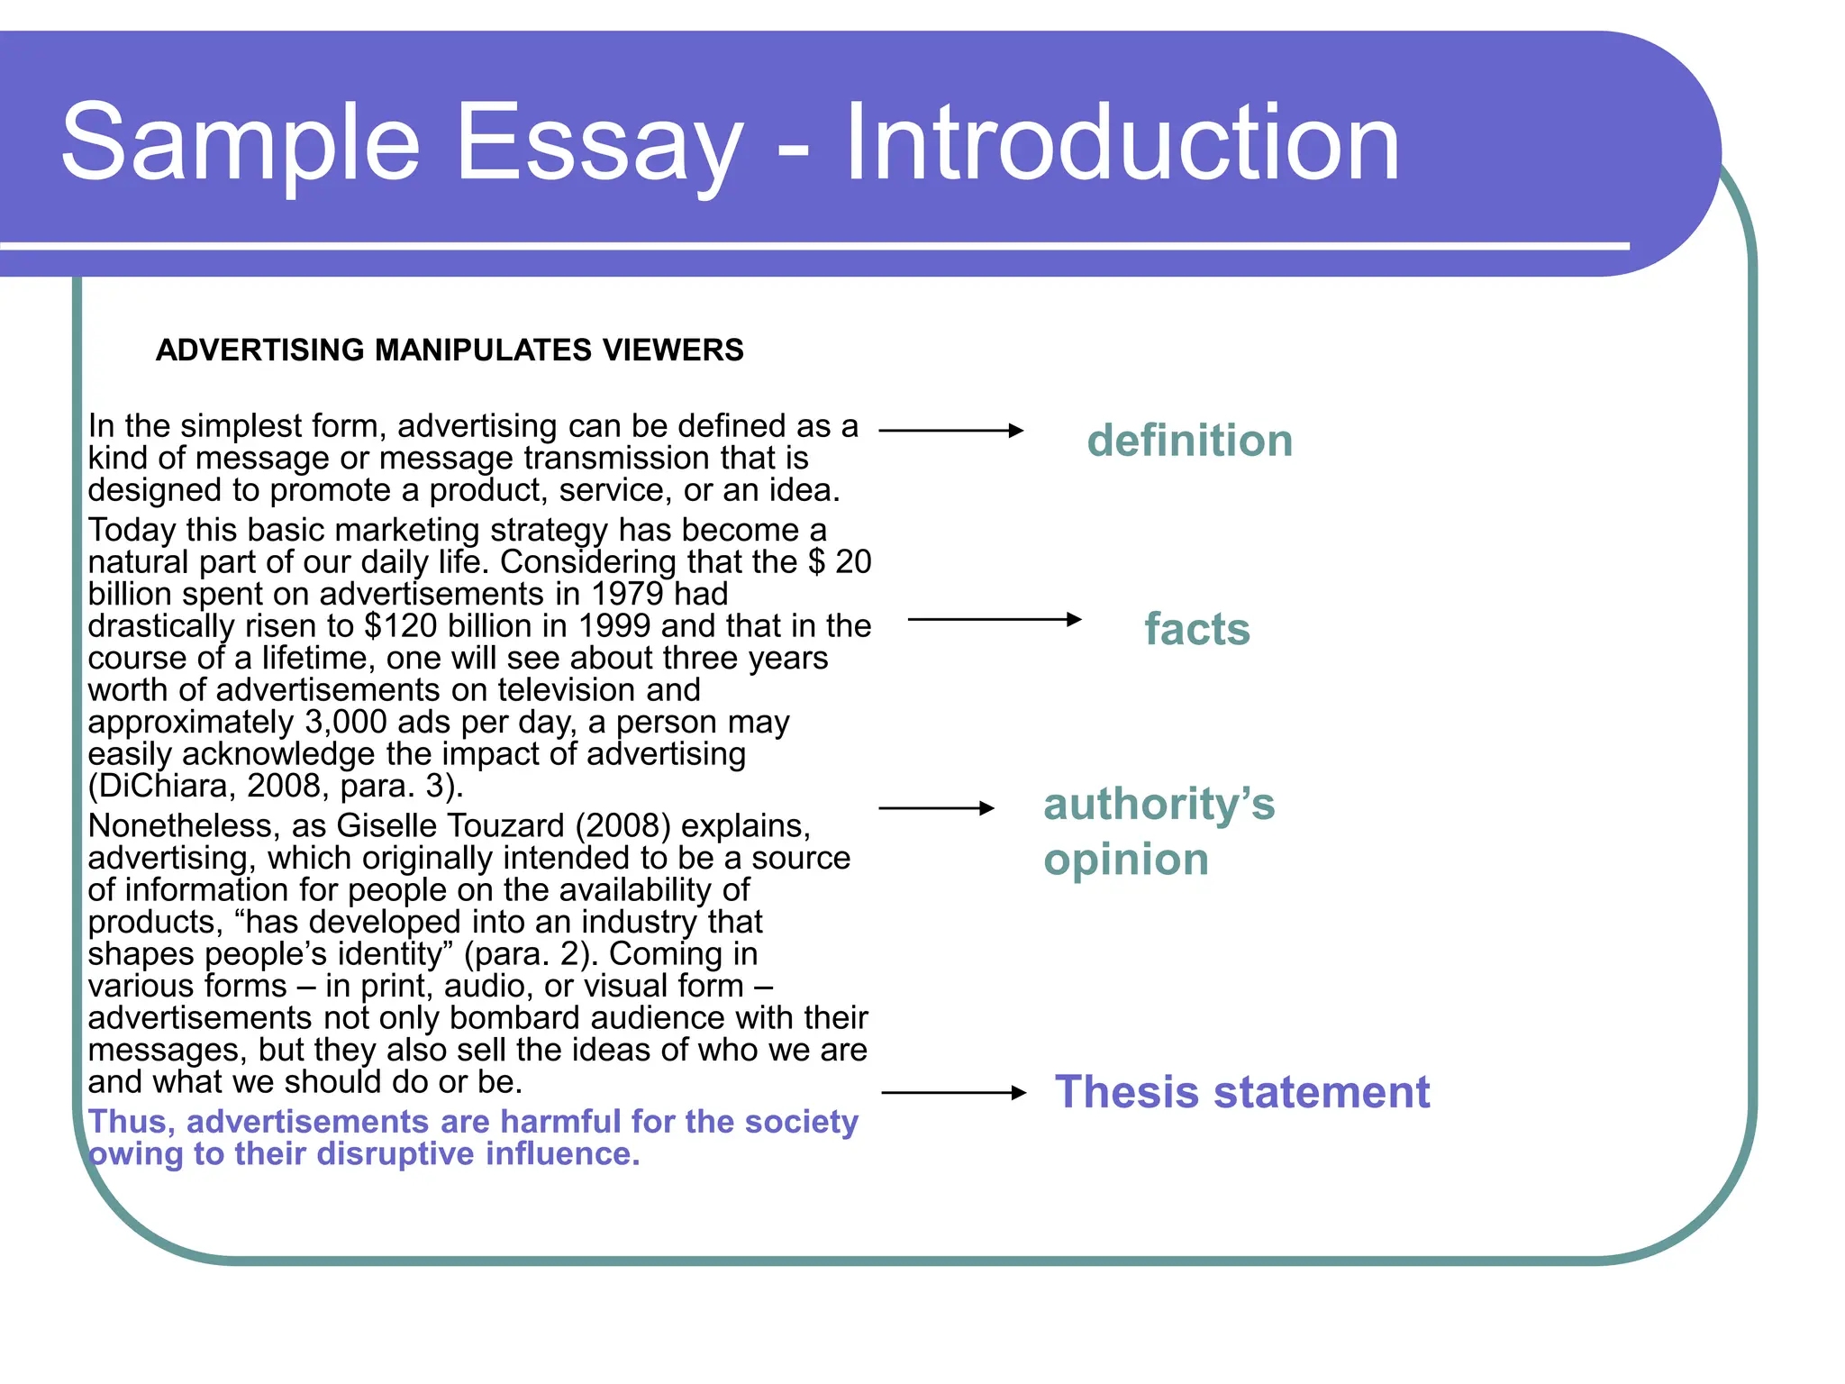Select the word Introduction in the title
[x=1121, y=142]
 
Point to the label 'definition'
[x=1189, y=441]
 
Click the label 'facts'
[x=1197, y=629]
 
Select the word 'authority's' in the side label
[x=1159, y=804]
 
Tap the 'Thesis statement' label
[x=1241, y=1092]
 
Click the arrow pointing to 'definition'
[x=951, y=431]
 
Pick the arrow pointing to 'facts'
[x=995, y=619]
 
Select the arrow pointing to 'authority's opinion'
[x=937, y=808]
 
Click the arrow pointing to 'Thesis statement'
[x=954, y=1093]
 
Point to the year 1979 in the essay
[x=627, y=595]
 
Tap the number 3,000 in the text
[x=346, y=723]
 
